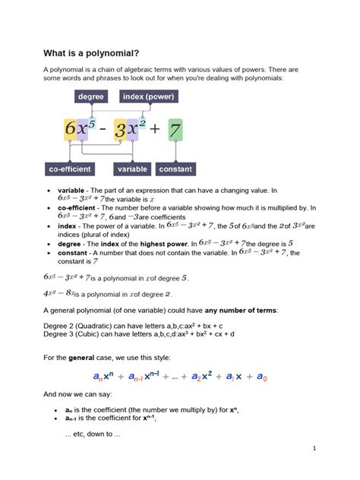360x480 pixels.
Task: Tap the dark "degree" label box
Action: click(90, 97)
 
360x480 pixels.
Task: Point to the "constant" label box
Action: click(175, 169)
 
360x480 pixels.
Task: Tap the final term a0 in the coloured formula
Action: click(261, 377)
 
